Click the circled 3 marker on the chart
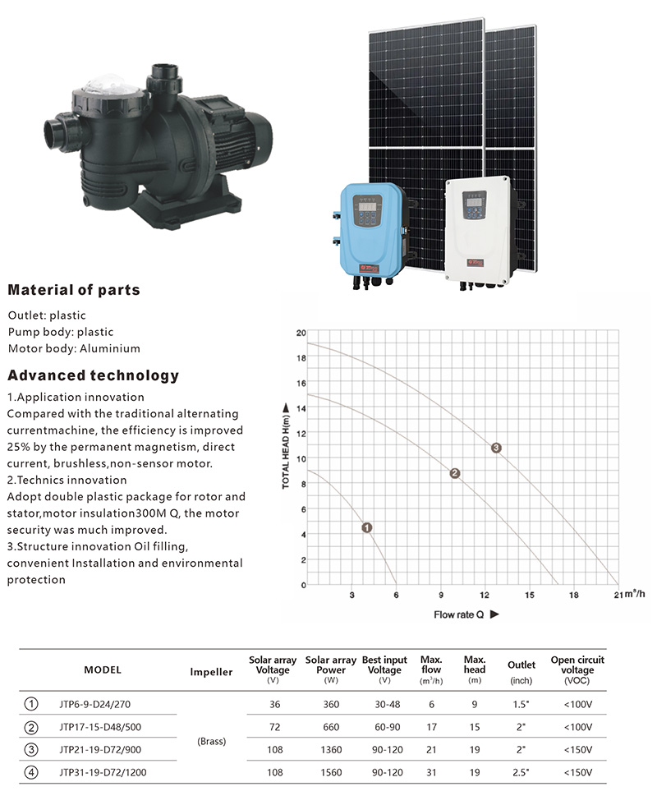[496, 448]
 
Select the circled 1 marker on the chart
[366, 527]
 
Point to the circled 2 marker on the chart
[455, 473]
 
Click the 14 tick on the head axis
[301, 409]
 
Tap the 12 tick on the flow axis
[484, 595]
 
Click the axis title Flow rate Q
[459, 614]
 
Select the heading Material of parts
[74, 290]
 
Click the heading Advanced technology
[93, 375]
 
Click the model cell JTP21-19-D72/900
[100, 749]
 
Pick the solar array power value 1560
[331, 772]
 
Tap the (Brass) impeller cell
[212, 741]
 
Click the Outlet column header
[521, 665]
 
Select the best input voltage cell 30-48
[387, 705]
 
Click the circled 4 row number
[31, 772]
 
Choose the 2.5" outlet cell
[521, 772]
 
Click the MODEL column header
[103, 670]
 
